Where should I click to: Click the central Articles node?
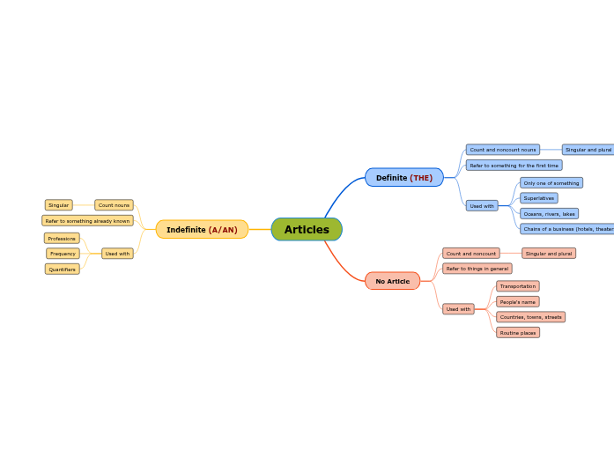point(307,230)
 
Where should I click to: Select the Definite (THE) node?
point(404,178)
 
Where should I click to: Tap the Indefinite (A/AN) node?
point(202,230)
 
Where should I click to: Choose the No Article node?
point(392,282)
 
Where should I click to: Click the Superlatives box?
point(538,198)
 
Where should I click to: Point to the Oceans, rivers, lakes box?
point(549,214)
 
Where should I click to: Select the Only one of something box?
point(551,183)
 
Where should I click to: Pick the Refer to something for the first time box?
point(514,166)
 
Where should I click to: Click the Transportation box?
point(517,286)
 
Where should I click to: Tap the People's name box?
point(517,302)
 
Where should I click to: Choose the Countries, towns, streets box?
point(530,317)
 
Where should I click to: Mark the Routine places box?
point(517,333)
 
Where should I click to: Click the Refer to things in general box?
point(477,269)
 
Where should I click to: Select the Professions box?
point(62,239)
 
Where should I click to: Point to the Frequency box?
point(63,254)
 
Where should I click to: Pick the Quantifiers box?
point(62,270)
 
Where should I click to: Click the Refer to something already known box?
point(87,221)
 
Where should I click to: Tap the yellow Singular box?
point(59,205)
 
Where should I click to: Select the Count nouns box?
point(114,205)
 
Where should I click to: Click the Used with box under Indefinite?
point(117,254)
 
